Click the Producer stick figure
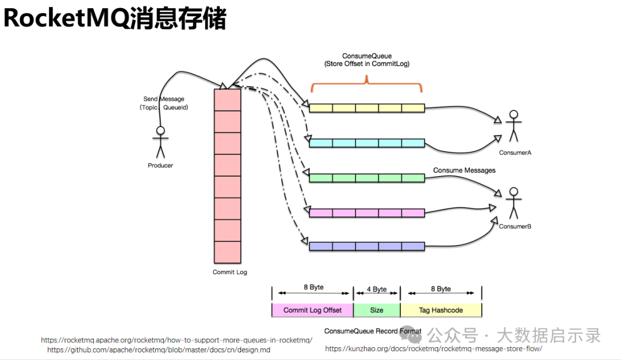pyautogui.click(x=160, y=142)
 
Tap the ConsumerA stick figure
pyautogui.click(x=513, y=125)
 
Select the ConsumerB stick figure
pyautogui.click(x=513, y=203)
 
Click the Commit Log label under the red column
pyautogui.click(x=229, y=272)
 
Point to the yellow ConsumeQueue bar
pyautogui.click(x=367, y=108)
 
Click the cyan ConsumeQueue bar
pyautogui.click(x=367, y=143)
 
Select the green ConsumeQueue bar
pyautogui.click(x=367, y=178)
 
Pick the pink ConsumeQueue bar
pyautogui.click(x=367, y=213)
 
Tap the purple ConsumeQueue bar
pyautogui.click(x=367, y=246)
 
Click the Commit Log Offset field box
pyautogui.click(x=312, y=310)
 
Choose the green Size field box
pyautogui.click(x=377, y=310)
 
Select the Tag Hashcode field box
pyautogui.click(x=441, y=310)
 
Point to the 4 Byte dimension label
pyautogui.click(x=377, y=289)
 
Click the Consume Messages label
pyautogui.click(x=464, y=170)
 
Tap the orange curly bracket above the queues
pyautogui.click(x=367, y=83)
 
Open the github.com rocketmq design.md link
pyautogui.click(x=159, y=350)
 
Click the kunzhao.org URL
pyautogui.click(x=434, y=348)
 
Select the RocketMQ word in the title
pyautogui.click(x=66, y=18)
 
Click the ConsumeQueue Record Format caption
pyautogui.click(x=373, y=331)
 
